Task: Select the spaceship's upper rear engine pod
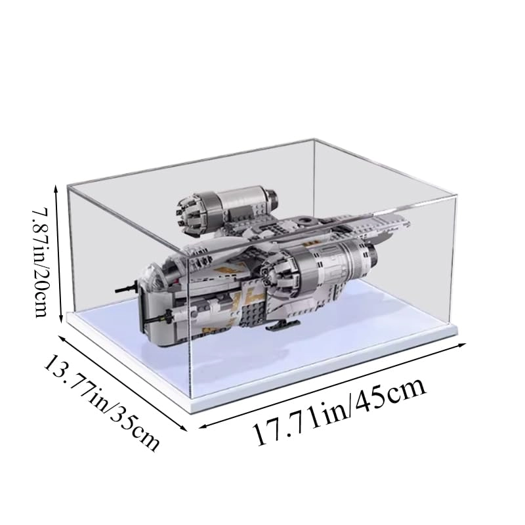point(230,201)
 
